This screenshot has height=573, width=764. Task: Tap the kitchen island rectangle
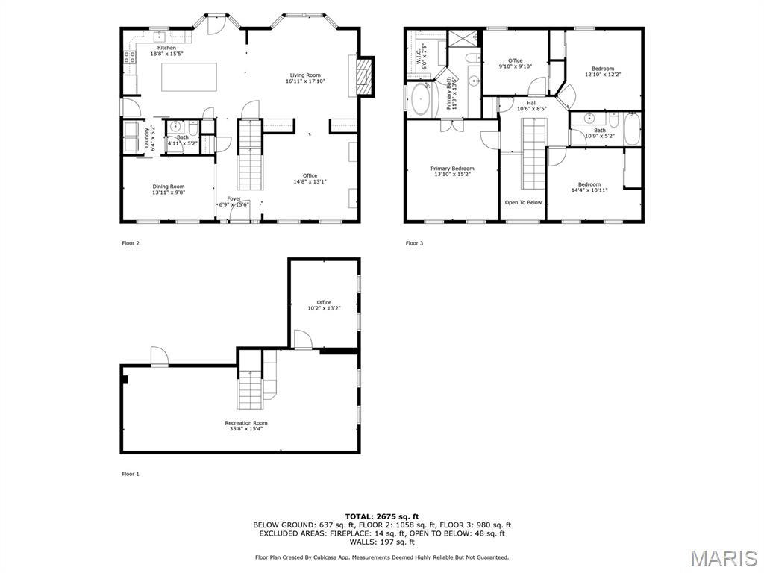tap(190, 77)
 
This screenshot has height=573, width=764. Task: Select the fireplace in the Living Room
tap(363, 77)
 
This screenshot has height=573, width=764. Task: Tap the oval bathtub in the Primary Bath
tap(420, 100)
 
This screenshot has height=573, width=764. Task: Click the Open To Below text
tap(523, 202)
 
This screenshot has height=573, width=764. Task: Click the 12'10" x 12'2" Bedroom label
tap(604, 71)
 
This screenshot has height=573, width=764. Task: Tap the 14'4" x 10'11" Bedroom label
tap(589, 187)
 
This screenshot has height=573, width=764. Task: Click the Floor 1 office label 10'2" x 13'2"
tap(324, 305)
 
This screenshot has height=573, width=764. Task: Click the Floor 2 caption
tap(131, 243)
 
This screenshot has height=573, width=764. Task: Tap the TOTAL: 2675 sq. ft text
tap(381, 516)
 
